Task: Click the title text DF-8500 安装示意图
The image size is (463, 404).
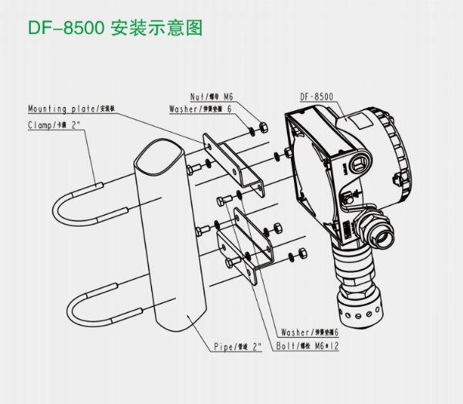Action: tap(115, 29)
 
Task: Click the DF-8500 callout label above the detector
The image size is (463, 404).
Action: tap(316, 97)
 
